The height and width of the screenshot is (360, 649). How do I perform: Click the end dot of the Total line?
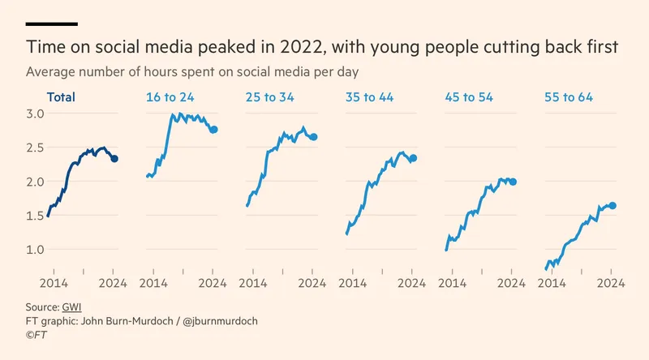click(114, 159)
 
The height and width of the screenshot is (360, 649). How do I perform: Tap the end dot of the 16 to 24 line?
click(214, 130)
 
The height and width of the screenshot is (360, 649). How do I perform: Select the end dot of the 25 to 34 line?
click(313, 137)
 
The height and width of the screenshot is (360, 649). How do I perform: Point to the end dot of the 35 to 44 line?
click(413, 158)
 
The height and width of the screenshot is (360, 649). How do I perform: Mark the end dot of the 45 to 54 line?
click(513, 182)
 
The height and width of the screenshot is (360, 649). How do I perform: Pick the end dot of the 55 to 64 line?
click(612, 206)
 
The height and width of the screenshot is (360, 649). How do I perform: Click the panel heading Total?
click(61, 97)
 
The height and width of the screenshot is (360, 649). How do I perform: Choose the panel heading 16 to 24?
click(170, 97)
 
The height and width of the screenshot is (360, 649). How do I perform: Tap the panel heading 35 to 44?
click(369, 97)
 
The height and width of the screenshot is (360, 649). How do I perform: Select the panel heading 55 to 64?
click(569, 97)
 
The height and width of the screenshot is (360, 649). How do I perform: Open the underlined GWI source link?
click(71, 307)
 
